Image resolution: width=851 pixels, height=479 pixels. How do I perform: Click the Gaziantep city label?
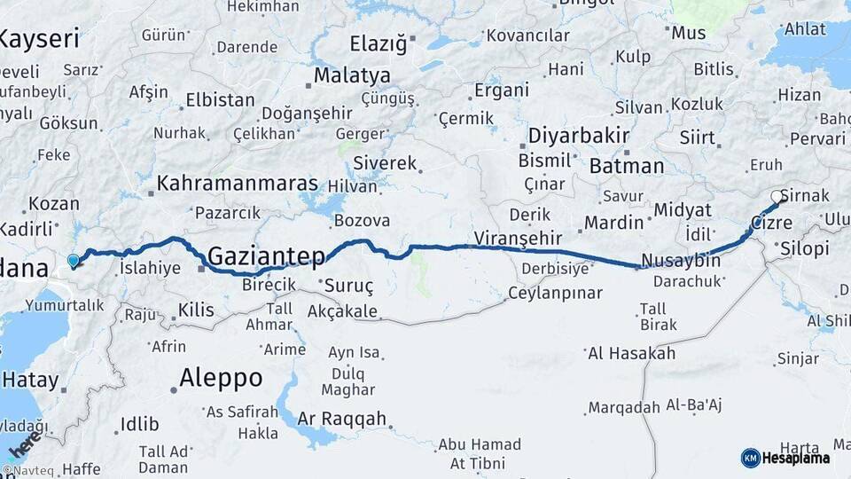[x=266, y=255]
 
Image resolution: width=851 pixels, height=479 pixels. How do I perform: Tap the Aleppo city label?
[x=221, y=378]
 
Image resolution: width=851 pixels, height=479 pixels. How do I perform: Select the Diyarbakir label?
[x=579, y=137]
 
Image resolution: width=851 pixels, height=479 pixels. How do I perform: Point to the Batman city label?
[x=626, y=166]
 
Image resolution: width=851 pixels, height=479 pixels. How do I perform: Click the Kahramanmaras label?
[x=237, y=184]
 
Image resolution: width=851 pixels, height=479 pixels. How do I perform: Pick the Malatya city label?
[x=351, y=75]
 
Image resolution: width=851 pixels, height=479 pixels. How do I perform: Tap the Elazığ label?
[x=378, y=43]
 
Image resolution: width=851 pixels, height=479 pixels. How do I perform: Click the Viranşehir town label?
[x=519, y=238]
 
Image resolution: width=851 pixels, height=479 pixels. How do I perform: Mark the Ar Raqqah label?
[x=342, y=419]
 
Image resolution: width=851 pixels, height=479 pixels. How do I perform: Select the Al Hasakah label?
[x=630, y=353]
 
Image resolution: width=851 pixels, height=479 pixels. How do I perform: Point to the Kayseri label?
[x=40, y=39]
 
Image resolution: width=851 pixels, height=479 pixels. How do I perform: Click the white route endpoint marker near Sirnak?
[x=777, y=197]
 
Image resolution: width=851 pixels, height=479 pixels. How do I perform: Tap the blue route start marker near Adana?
[x=73, y=261]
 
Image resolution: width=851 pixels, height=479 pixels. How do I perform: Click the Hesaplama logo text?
[x=797, y=458]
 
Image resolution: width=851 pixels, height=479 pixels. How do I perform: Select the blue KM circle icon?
[x=750, y=458]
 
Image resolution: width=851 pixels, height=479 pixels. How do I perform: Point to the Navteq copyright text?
[x=26, y=471]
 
